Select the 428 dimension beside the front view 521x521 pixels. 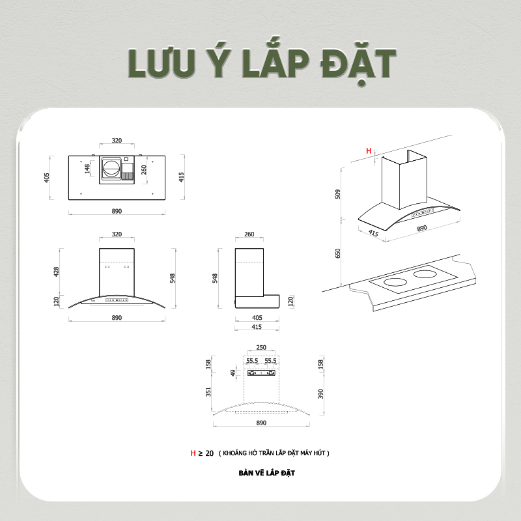pos(57,271)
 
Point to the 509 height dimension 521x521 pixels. pos(338,194)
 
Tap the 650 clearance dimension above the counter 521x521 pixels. pos(338,253)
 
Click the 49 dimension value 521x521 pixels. pos(233,373)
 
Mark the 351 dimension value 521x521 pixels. pos(208,392)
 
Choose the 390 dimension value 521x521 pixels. pos(320,395)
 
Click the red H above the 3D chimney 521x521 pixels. pos(369,151)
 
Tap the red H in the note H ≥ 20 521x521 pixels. pos(193,453)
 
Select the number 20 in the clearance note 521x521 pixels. pos(209,453)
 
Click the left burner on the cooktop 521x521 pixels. pos(395,283)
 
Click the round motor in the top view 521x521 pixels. pos(111,169)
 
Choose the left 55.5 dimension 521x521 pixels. pos(252,360)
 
